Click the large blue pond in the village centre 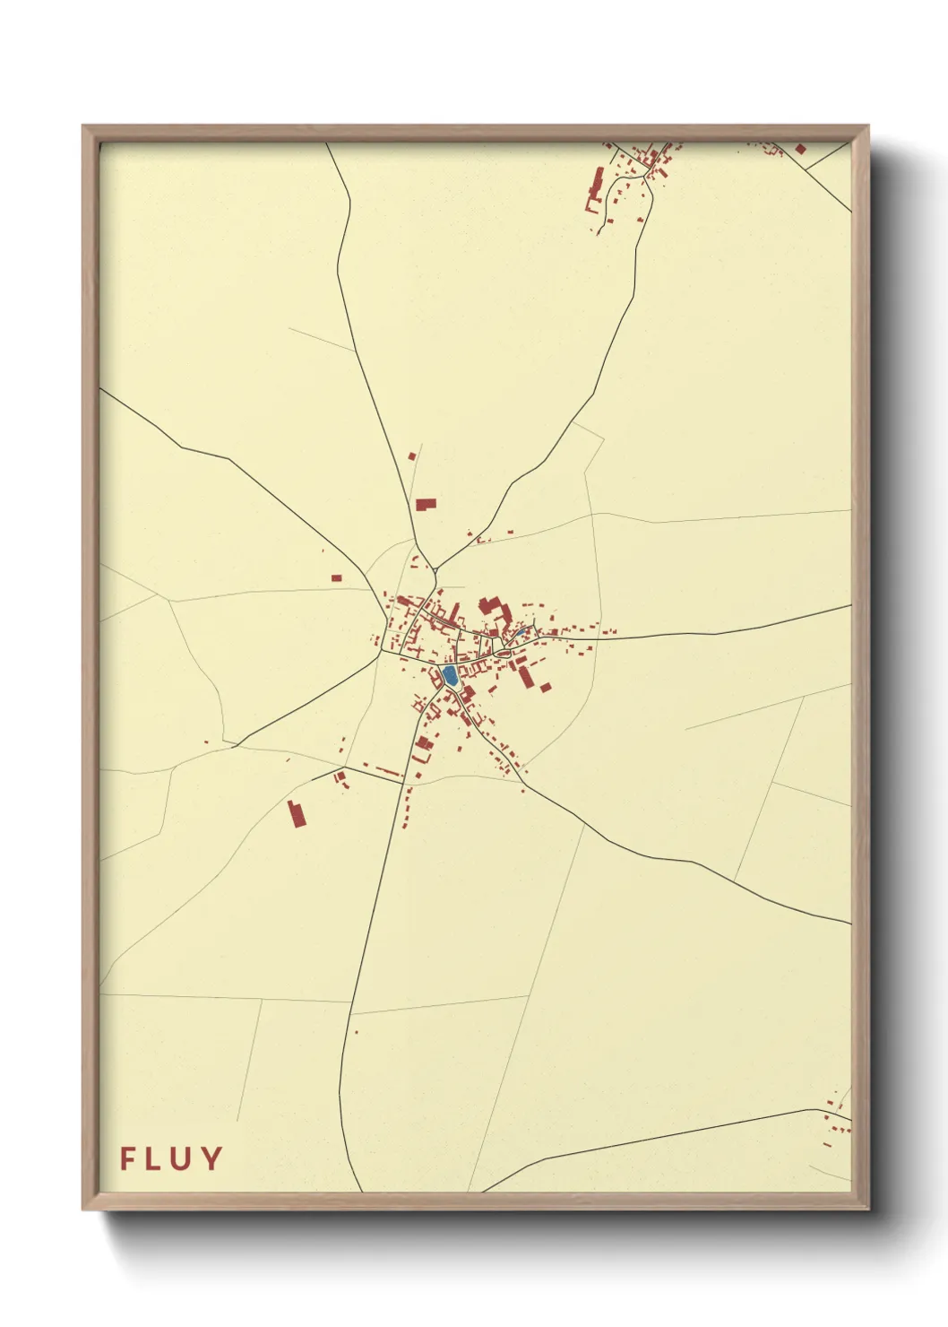[450, 675]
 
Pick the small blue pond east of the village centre [519, 632]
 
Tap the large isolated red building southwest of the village [297, 814]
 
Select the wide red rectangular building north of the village [426, 505]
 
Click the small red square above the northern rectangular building [412, 456]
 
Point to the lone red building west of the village [336, 578]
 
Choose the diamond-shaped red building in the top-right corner [800, 149]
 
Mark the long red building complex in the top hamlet [594, 188]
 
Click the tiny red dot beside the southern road [356, 1032]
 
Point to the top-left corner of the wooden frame [83, 126]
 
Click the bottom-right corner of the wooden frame [867, 1209]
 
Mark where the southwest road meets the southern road [402, 784]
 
